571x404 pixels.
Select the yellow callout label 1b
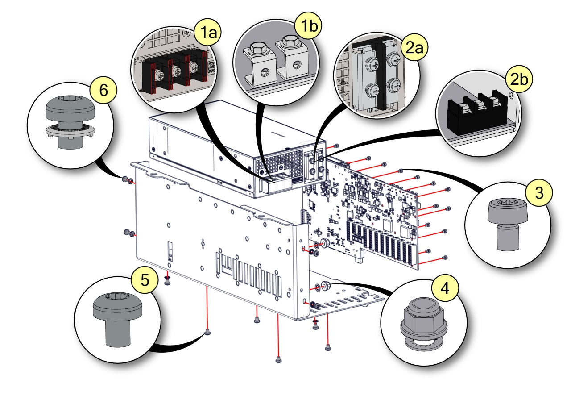point(308,26)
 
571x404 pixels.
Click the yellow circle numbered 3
point(539,193)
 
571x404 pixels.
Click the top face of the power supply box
point(210,134)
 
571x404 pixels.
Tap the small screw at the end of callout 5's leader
point(207,332)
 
